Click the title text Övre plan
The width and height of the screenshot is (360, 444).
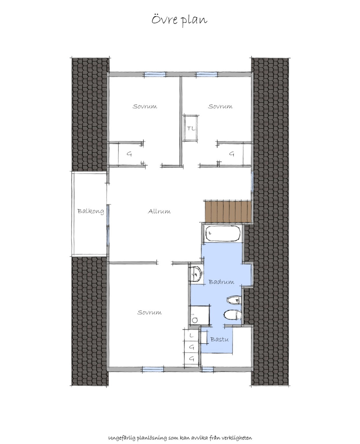click(179, 20)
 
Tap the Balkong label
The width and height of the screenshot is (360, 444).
click(91, 211)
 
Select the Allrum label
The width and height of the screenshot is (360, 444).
click(159, 211)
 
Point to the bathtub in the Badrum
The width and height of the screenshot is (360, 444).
click(223, 234)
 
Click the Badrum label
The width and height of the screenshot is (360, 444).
click(221, 282)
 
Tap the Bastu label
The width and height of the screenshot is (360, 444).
click(219, 339)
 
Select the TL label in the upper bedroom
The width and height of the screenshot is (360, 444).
click(191, 128)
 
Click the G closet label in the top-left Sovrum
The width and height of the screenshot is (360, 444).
click(129, 154)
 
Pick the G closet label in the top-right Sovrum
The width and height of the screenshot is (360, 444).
click(232, 154)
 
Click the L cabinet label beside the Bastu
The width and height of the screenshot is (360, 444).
click(192, 335)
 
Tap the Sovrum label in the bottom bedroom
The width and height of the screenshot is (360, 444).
click(149, 312)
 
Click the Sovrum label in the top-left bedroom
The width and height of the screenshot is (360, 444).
click(145, 106)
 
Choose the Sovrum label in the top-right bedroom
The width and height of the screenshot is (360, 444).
click(220, 106)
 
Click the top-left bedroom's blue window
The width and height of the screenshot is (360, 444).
click(155, 74)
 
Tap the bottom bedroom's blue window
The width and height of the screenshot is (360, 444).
click(153, 370)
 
